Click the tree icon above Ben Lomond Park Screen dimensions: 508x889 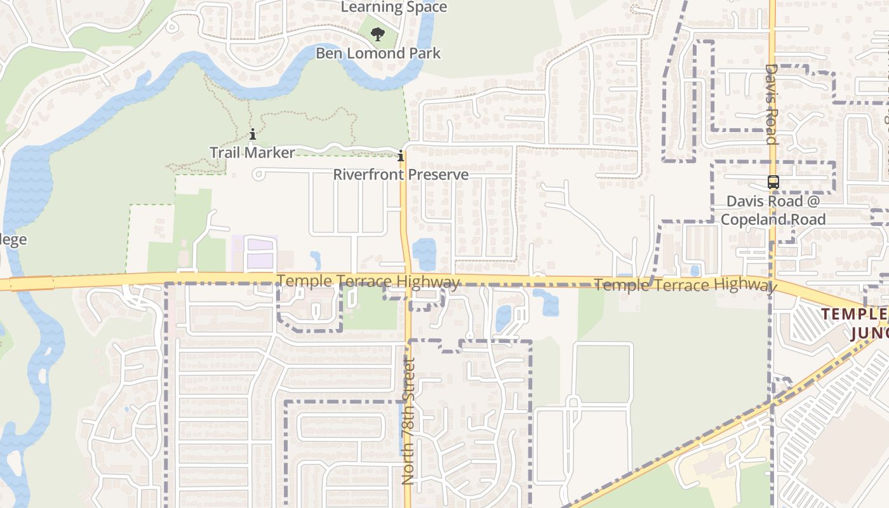[378, 34]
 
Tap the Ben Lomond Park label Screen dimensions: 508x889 [378, 53]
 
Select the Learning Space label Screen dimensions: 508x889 [394, 8]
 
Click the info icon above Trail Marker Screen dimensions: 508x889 [253, 135]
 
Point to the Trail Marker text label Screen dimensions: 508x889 [253, 152]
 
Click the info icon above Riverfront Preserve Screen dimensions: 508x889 [401, 156]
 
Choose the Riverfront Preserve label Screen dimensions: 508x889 [401, 175]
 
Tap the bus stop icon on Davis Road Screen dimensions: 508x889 [773, 182]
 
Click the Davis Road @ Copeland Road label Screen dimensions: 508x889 [773, 210]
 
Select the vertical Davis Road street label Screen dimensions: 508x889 [772, 104]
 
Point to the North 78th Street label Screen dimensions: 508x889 [408, 421]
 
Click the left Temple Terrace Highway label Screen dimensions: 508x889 [368, 281]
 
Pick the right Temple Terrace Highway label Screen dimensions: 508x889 [685, 285]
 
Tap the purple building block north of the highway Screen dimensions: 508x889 [260, 252]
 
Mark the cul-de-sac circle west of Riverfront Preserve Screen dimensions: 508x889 [258, 174]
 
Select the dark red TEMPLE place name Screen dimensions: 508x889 [854, 313]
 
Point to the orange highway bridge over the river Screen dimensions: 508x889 [32, 283]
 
